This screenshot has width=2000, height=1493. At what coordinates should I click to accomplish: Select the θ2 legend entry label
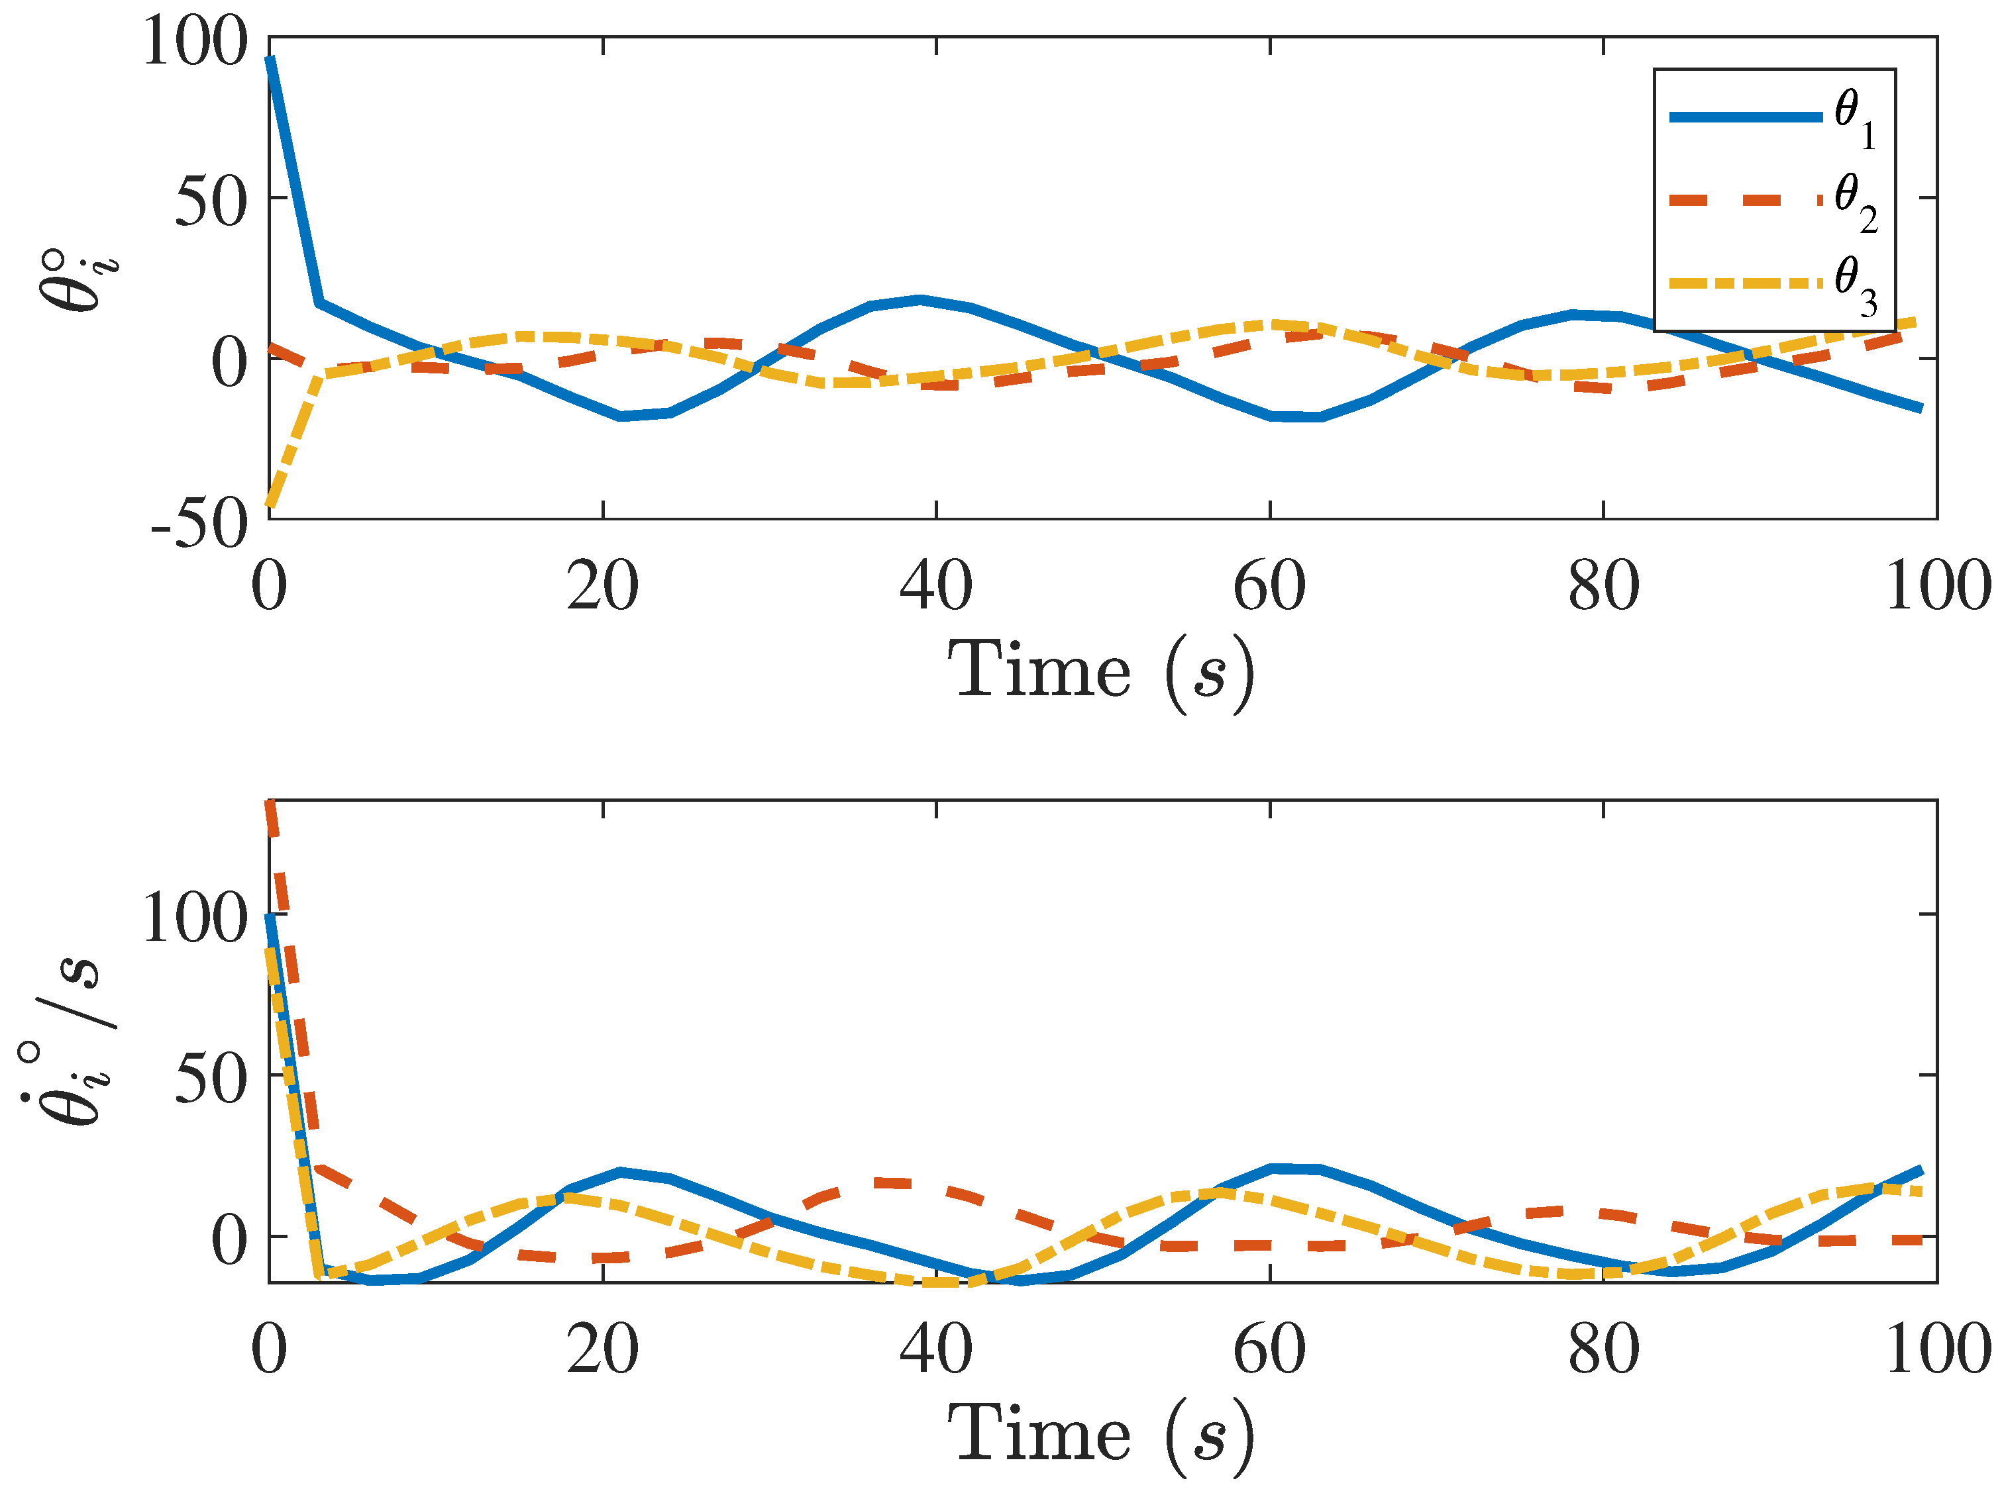(1856, 203)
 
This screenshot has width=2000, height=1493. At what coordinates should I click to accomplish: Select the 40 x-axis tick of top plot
(936, 587)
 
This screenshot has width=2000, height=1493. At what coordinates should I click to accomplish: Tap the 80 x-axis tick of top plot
(1603, 587)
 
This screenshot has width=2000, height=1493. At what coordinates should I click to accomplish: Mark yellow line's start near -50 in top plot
(270, 503)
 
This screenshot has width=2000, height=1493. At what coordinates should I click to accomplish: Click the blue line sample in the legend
(1744, 117)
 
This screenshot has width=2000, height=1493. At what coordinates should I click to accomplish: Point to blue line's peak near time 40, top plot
(920, 299)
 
